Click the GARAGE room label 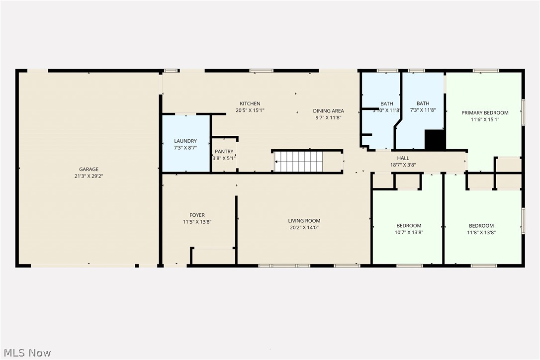[89, 169]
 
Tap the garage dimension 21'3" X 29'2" [89, 176]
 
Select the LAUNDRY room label [185, 141]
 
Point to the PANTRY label [224, 152]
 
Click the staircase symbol [299, 162]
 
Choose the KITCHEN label [250, 103]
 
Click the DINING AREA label [328, 111]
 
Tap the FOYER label [197, 215]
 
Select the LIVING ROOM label [304, 221]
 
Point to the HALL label [403, 158]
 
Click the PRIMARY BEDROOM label [485, 113]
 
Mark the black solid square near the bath [435, 140]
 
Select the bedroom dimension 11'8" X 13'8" [481, 232]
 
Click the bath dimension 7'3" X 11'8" [423, 110]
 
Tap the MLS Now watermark [26, 353]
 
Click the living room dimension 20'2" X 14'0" [304, 227]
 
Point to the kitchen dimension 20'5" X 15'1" [250, 110]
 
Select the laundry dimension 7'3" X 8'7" [185, 148]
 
